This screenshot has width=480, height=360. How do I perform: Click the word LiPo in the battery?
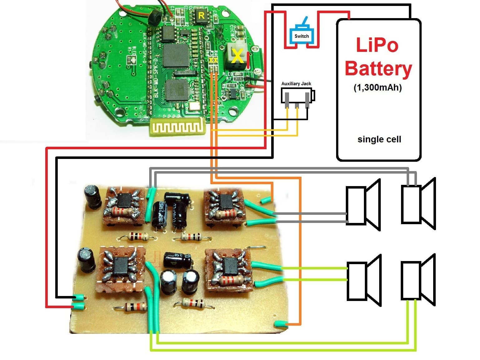377,45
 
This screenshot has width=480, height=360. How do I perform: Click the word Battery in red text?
378,69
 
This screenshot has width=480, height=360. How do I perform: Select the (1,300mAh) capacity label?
378,87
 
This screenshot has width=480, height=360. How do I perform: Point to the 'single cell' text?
379,139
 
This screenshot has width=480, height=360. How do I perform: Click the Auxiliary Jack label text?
296,84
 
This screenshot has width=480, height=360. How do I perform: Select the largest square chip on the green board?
176,56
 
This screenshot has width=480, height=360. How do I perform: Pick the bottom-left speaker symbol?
364,281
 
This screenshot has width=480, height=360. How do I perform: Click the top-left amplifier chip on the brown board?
125,201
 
